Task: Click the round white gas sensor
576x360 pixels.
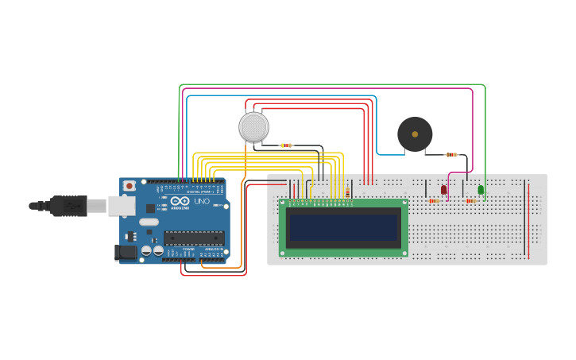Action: coord(253,127)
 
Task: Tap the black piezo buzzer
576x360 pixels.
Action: coord(415,134)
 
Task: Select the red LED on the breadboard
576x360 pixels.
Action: coord(443,189)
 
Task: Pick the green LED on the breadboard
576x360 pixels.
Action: coord(481,189)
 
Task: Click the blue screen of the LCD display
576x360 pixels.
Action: coord(344,228)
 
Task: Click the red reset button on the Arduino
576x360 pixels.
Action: coord(129,186)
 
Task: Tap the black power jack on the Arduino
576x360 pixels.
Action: coord(125,253)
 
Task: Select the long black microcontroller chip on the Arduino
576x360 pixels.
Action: coord(194,238)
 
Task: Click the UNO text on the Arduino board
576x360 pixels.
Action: coord(202,202)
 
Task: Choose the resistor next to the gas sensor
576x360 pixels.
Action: coord(286,145)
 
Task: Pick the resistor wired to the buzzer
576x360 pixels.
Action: coord(451,154)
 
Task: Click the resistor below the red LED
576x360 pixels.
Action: coord(435,201)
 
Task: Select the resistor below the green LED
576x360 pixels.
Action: coord(471,201)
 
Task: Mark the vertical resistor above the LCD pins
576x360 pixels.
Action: coord(347,192)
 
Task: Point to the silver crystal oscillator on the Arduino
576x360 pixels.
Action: coord(148,221)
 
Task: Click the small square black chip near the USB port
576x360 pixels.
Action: coord(150,207)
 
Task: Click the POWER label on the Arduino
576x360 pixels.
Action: coord(188,249)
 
